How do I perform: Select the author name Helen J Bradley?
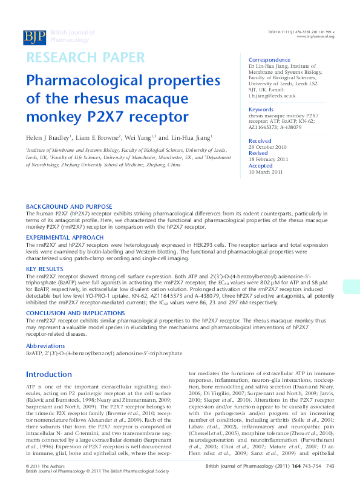(x=48, y=138)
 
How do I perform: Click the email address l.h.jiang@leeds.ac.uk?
(x=272, y=96)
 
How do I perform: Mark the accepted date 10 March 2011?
(x=266, y=172)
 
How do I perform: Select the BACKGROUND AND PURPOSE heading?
(x=69, y=206)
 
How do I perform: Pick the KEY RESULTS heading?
(x=44, y=268)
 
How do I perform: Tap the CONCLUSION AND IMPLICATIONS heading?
(x=75, y=313)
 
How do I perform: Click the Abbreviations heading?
(x=46, y=344)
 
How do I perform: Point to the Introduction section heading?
(x=49, y=375)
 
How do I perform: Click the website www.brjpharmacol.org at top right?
(x=315, y=36)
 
